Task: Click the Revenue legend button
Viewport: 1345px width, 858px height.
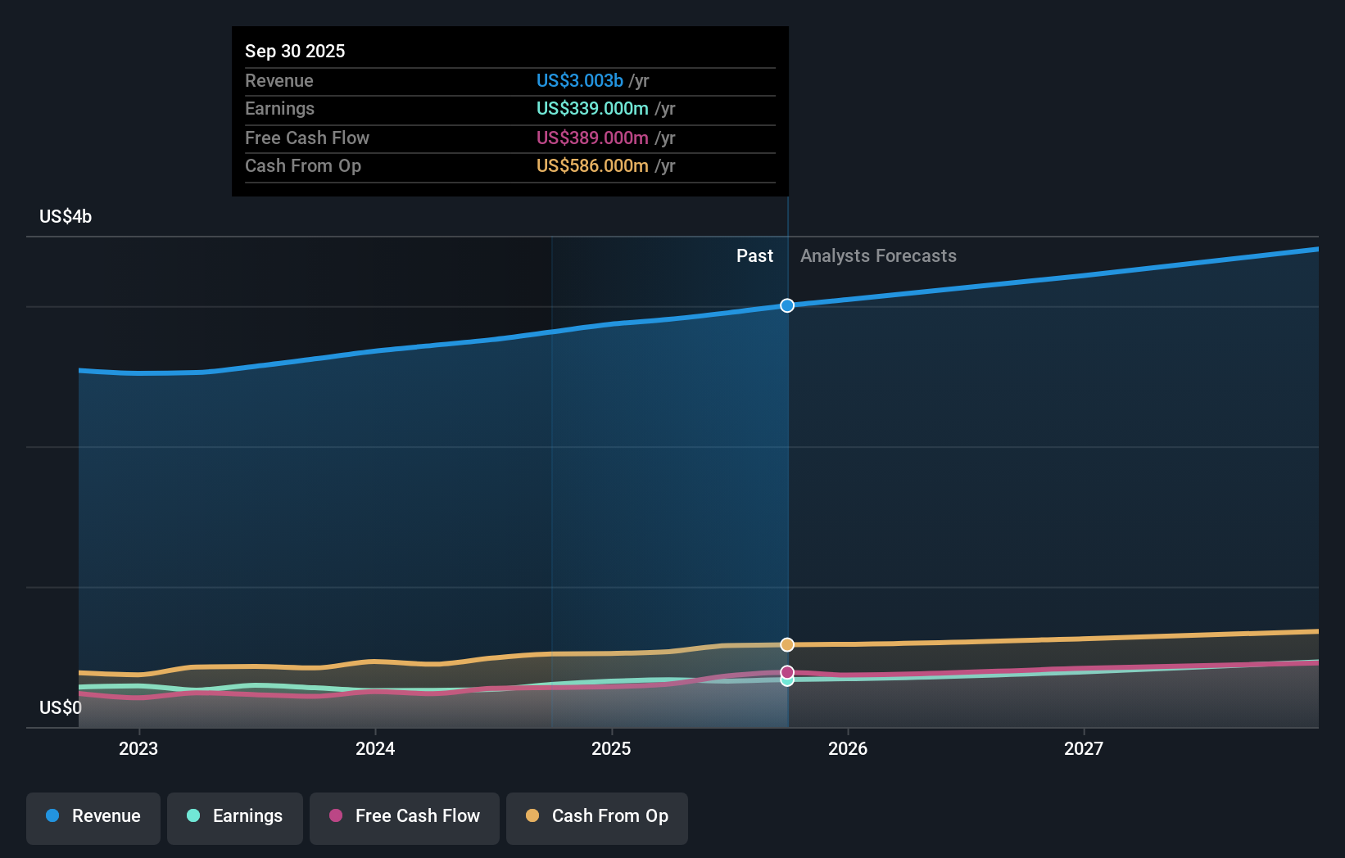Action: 93,816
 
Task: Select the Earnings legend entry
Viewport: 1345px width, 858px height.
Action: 235,816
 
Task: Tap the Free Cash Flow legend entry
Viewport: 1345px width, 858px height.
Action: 405,816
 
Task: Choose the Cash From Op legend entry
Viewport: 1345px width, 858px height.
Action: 597,816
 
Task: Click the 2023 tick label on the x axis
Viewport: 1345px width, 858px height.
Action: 138,748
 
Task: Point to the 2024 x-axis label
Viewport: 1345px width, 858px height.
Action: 375,748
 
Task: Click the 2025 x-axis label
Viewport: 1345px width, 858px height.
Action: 611,748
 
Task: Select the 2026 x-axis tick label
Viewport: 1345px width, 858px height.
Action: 848,748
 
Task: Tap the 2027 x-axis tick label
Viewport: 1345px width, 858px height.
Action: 1084,748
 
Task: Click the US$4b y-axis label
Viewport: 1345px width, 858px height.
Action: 66,217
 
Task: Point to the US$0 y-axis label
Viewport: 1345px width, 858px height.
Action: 61,707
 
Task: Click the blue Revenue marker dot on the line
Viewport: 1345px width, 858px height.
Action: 787,305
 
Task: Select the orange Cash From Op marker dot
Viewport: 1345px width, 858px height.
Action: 787,644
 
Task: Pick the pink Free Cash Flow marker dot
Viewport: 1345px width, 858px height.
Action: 787,672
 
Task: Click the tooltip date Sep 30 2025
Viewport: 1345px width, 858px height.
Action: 295,51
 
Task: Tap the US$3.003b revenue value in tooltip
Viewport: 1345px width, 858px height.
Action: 579,80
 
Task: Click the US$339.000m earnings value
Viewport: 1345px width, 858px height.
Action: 591,109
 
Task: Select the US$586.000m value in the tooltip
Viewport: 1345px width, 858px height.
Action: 591,166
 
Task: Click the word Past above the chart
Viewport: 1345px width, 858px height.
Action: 754,256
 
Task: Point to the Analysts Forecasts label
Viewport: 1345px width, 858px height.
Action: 878,256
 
